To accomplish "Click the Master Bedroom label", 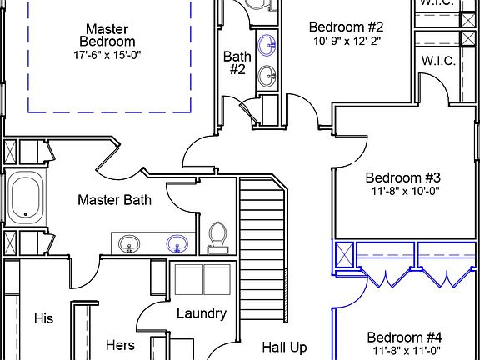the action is pyautogui.click(x=107, y=36).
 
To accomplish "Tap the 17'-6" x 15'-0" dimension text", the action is pyautogui.click(x=107, y=55).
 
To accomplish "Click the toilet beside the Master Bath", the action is pyautogui.click(x=217, y=237).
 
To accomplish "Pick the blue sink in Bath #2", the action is pyautogui.click(x=267, y=45).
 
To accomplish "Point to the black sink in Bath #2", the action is pyautogui.click(x=267, y=76).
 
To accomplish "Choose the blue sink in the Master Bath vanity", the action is pyautogui.click(x=177, y=243).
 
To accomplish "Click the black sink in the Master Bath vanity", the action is pyautogui.click(x=129, y=244).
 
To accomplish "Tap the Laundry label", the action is pyautogui.click(x=202, y=314).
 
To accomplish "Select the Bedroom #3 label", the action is pyautogui.click(x=402, y=177).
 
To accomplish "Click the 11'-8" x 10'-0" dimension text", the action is pyautogui.click(x=405, y=192).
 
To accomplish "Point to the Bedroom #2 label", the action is pyautogui.click(x=346, y=27).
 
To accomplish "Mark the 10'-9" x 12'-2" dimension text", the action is pyautogui.click(x=347, y=41).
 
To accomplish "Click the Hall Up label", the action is pyautogui.click(x=284, y=347).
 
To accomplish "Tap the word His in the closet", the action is pyautogui.click(x=44, y=318).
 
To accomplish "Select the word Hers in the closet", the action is pyautogui.click(x=120, y=345).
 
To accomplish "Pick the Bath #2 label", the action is pyautogui.click(x=237, y=63).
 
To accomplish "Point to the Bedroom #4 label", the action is pyautogui.click(x=404, y=337).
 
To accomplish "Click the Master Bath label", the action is pyautogui.click(x=114, y=200).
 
